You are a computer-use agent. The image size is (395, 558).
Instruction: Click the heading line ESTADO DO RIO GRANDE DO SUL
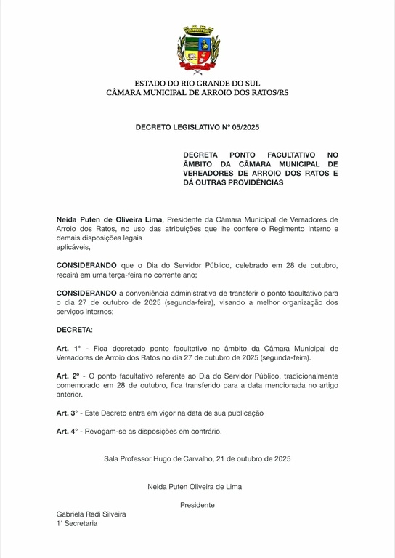click(197, 83)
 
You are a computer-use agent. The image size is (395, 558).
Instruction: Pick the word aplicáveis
click(74, 247)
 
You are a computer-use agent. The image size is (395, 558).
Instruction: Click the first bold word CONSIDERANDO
click(86, 266)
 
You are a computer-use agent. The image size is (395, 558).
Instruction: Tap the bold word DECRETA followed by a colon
click(73, 330)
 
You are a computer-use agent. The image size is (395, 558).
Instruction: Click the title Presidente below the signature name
click(197, 504)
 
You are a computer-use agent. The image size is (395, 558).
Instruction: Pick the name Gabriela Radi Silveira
click(91, 514)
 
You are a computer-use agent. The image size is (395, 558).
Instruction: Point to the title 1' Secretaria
click(77, 523)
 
